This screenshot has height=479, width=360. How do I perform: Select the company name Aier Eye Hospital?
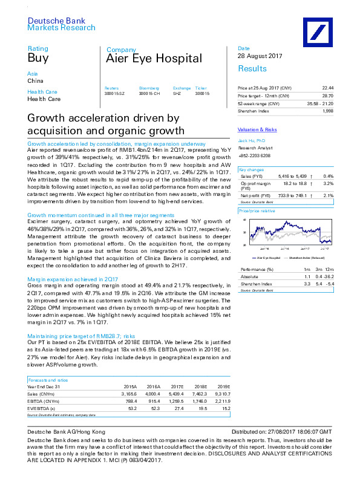(x=154, y=59)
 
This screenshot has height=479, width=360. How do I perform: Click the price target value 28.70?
(x=327, y=96)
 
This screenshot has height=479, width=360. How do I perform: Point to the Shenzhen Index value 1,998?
(x=327, y=111)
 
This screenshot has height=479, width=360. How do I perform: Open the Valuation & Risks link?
(x=257, y=129)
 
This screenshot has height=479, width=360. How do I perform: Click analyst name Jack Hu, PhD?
(x=250, y=140)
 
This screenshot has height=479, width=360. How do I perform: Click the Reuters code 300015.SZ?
(x=114, y=93)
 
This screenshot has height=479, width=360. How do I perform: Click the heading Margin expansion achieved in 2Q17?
(x=73, y=279)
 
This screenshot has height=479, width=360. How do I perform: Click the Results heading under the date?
(x=252, y=68)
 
